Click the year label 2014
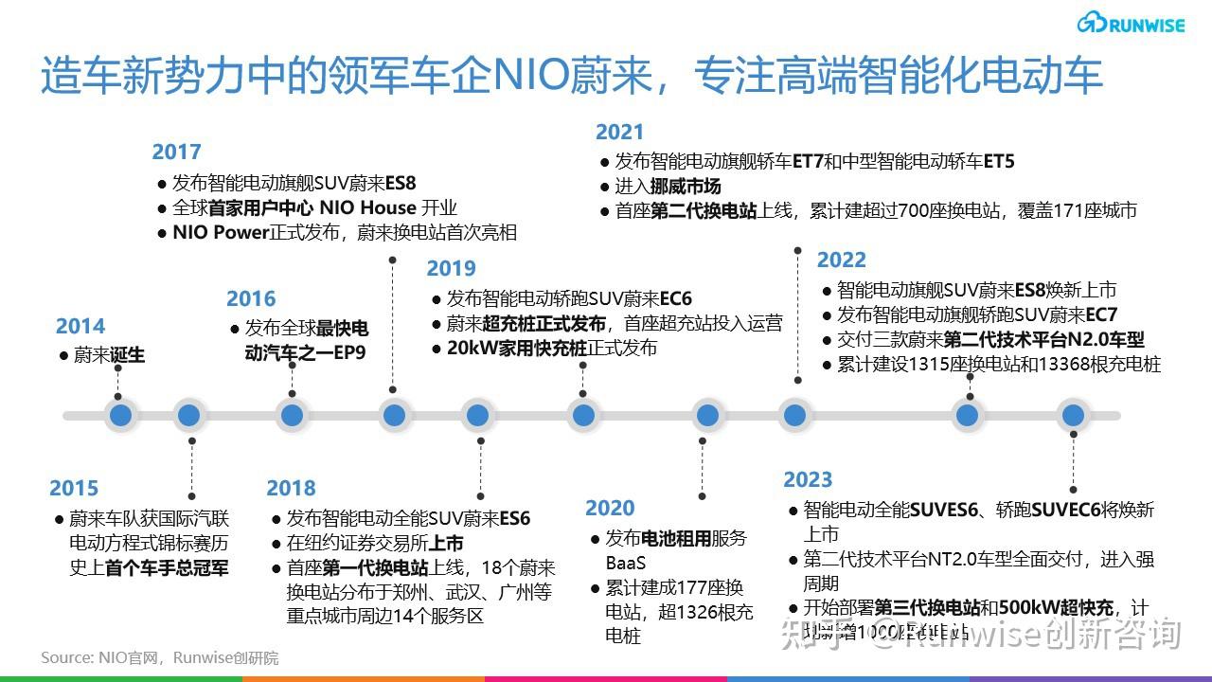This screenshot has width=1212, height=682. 80,327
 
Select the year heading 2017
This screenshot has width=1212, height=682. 176,153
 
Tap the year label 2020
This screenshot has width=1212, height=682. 610,509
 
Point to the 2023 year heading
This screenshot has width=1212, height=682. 808,480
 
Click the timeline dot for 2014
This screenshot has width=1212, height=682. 119,415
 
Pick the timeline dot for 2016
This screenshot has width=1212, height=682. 292,415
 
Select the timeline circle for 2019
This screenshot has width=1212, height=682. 582,415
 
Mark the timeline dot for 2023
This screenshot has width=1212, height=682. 1072,415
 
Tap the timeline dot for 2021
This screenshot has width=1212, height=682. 793,415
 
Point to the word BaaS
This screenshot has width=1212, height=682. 626,563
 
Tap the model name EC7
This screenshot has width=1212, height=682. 1099,314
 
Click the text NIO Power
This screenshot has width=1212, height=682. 222,232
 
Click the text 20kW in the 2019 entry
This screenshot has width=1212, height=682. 472,348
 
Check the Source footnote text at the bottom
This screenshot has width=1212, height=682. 160,657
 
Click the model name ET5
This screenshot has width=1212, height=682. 998,161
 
